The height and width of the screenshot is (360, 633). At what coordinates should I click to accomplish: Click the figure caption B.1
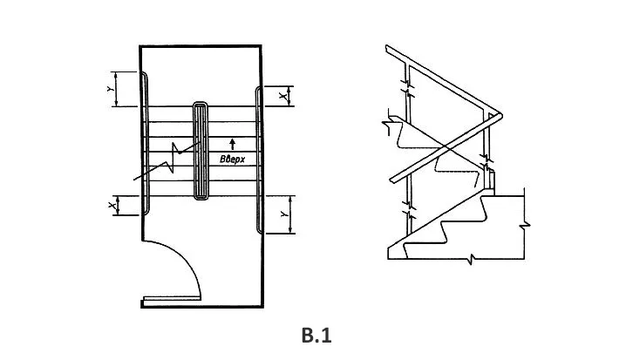pos(316,335)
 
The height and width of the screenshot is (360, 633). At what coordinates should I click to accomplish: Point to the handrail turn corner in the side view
pos(500,114)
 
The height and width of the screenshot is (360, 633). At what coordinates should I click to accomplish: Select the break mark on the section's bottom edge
pos(471,259)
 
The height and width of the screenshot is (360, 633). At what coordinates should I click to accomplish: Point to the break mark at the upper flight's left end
pos(387,127)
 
